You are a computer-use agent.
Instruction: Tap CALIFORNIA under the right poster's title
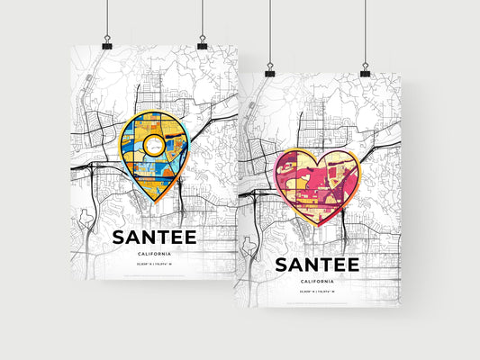pos(317,283)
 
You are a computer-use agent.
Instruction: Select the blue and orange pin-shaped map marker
pos(156,153)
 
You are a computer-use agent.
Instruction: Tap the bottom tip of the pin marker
pos(156,202)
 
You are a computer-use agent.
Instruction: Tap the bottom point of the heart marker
pos(316,226)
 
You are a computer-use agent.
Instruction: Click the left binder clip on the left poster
pos(106,44)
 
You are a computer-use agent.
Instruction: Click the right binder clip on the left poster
pos(202,43)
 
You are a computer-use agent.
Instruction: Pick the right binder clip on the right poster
pos(365,70)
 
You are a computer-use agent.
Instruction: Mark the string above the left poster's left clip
pos(106,18)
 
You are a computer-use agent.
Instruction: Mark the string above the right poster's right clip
pos(365,31)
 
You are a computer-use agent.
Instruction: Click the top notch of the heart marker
pos(317,160)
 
